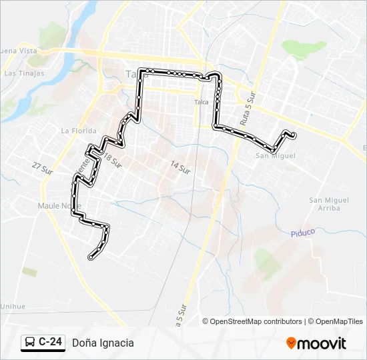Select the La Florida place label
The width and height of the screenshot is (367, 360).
click(x=79, y=131)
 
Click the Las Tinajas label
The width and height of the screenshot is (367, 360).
click(x=24, y=73)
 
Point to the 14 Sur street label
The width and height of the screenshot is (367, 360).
click(x=180, y=167)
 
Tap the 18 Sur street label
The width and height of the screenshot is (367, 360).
click(x=113, y=159)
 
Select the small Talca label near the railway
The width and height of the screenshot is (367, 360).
click(x=201, y=102)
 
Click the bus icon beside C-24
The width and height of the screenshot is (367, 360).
click(x=30, y=343)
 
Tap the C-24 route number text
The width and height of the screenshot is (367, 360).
click(x=51, y=343)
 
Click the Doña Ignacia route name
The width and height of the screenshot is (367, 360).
click(x=103, y=343)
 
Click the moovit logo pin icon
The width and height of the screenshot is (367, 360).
click(x=291, y=343)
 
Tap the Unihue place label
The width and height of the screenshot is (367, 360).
click(x=13, y=306)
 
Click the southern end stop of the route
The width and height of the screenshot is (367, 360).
click(x=91, y=257)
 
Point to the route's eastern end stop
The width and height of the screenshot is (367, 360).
click(x=293, y=136)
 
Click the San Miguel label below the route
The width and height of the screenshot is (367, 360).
click(x=275, y=156)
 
